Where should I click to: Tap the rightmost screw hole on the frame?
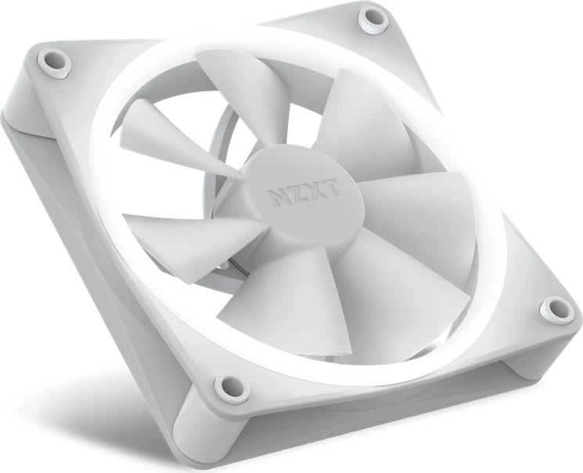[556, 307]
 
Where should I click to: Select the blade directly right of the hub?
[415, 227]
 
